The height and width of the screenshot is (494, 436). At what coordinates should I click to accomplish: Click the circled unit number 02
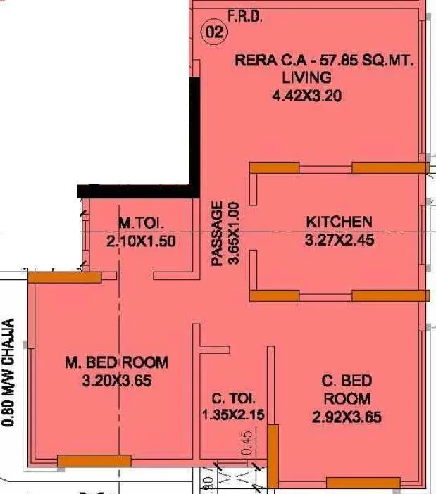(215, 32)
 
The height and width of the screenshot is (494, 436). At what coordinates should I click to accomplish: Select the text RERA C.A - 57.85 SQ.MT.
(324, 61)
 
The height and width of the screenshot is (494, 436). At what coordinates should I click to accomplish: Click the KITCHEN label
(339, 222)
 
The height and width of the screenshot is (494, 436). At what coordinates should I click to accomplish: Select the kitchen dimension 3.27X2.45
(339, 240)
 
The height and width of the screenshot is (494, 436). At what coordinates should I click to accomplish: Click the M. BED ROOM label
(116, 363)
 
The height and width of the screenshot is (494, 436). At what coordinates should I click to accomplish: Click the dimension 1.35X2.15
(232, 415)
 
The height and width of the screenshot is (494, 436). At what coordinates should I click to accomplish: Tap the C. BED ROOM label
(347, 390)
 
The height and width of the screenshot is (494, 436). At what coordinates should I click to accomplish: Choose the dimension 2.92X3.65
(347, 417)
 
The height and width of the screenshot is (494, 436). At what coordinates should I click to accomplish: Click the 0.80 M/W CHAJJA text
(8, 373)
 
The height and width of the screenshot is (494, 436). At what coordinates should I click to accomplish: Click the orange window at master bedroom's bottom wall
(94, 461)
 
